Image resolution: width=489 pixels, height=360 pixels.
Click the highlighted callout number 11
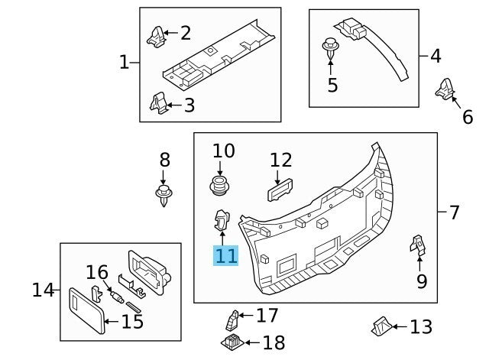coord(226,255)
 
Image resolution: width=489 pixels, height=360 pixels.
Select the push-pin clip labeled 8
coord(164,194)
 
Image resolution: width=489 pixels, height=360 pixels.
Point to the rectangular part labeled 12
coord(280,189)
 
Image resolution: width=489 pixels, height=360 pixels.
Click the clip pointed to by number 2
coord(155,34)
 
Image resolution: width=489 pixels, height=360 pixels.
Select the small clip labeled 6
coord(445,90)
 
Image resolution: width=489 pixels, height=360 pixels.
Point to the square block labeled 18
coord(232,341)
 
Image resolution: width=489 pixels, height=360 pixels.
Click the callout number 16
coord(97,272)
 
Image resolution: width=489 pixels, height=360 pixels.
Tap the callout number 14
coord(44,290)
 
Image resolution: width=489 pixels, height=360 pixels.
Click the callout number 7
coord(454,212)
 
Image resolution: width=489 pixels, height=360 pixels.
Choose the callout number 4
coord(435,56)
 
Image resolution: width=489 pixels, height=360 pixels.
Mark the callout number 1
coord(124,62)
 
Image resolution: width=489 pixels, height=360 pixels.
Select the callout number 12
coord(280,160)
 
